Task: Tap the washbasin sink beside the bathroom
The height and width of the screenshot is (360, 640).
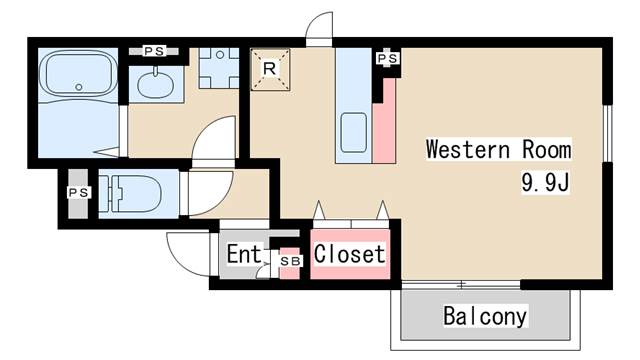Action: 157,83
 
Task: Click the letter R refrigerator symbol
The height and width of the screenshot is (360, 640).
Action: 270,68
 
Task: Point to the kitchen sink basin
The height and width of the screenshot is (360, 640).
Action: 353,131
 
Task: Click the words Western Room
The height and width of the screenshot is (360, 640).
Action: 498,150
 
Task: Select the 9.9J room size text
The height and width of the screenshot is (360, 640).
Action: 544,183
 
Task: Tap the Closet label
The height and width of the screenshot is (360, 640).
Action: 349,254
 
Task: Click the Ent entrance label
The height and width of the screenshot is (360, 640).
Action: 243,254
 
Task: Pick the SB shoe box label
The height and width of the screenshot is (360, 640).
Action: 289,262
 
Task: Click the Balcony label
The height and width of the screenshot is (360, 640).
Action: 485,317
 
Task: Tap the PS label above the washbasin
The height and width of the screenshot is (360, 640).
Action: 154,50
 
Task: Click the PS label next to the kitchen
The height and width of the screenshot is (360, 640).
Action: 388,59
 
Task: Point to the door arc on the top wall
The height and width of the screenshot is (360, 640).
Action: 319,27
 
